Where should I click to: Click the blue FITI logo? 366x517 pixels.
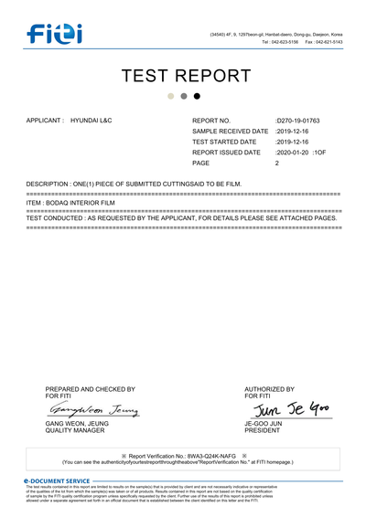point(54,36)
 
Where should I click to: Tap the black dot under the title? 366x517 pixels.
point(197,96)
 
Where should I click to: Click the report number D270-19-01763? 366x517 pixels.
point(299,120)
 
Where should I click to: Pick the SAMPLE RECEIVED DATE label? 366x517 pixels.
point(231,131)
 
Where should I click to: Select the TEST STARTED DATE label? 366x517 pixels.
point(224,142)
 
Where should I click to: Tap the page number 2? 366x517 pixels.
point(277,163)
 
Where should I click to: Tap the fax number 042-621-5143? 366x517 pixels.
point(329,42)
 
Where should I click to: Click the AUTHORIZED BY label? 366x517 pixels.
point(269,389)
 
